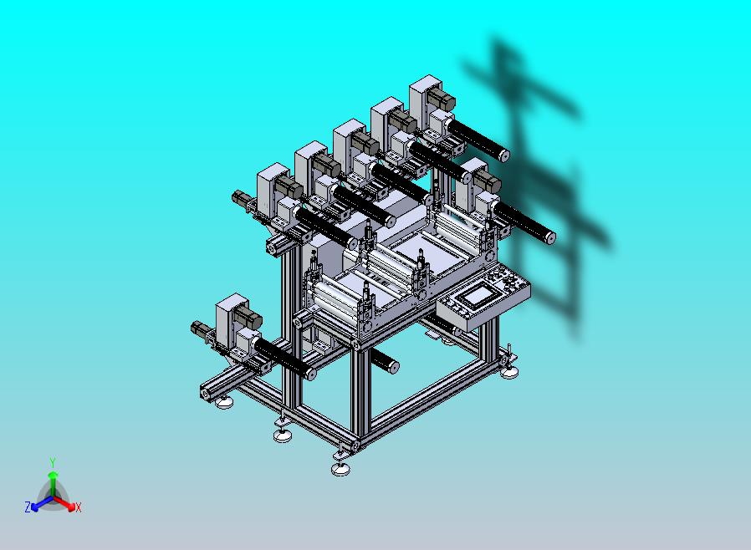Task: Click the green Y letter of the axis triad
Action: pos(53,462)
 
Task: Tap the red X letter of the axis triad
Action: pos(79,508)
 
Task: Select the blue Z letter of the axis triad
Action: pos(28,507)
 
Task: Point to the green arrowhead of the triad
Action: pos(53,475)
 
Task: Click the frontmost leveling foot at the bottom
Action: pos(340,469)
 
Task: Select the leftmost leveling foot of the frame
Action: pos(224,402)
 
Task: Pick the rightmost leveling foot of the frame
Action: pos(509,370)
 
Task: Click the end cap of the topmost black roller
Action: pos(503,155)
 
